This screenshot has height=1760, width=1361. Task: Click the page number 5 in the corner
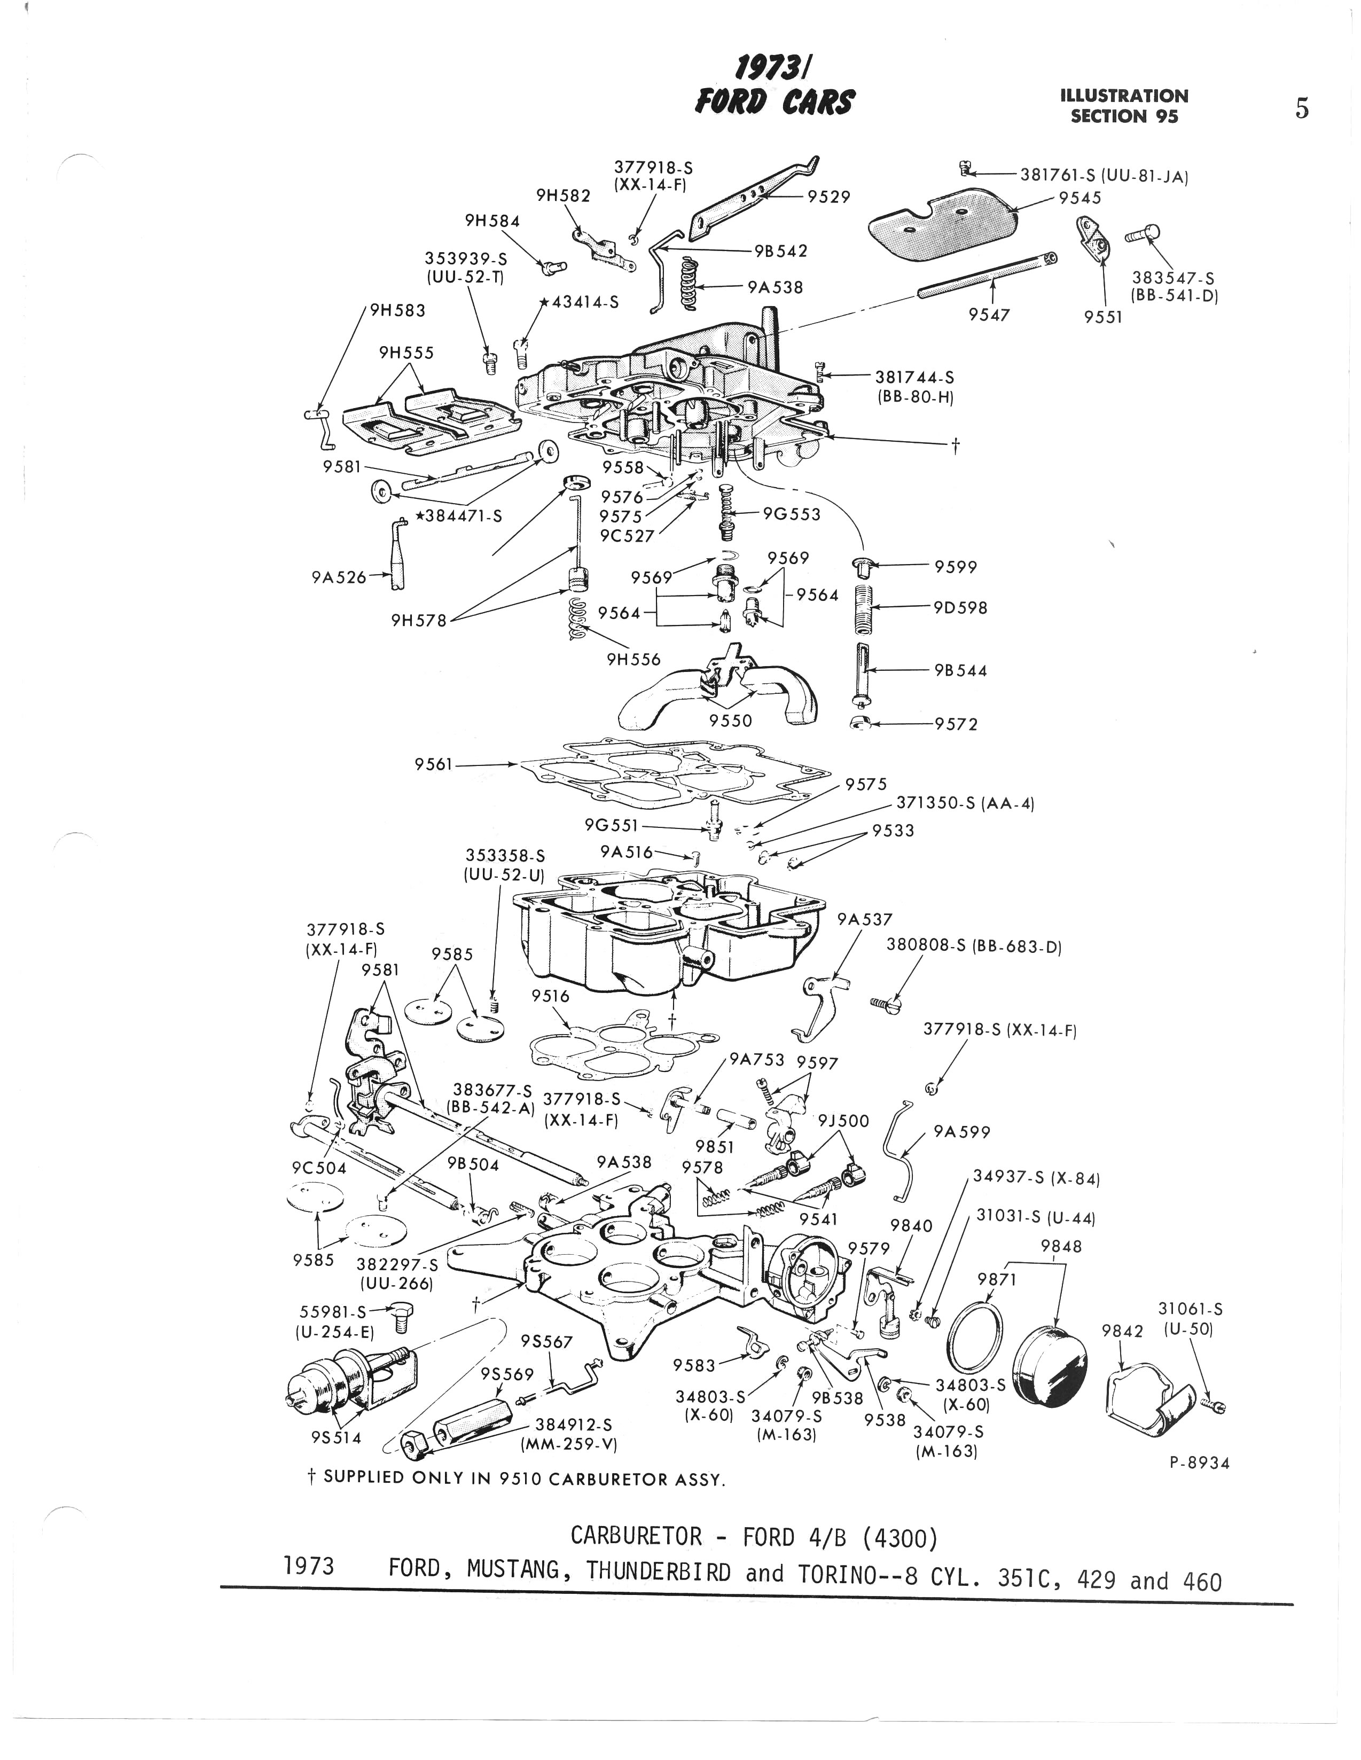pos(1301,109)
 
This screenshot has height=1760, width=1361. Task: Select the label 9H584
pos(492,221)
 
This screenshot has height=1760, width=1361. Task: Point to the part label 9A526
pos(339,577)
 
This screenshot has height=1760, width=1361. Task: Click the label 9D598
pos(960,608)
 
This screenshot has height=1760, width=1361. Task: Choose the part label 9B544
pos(960,670)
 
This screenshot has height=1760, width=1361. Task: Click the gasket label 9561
pos(434,763)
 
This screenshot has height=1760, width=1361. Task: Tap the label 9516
pos(550,996)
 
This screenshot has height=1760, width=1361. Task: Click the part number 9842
pos(1122,1331)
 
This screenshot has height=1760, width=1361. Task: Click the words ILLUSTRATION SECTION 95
pos(1124,106)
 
